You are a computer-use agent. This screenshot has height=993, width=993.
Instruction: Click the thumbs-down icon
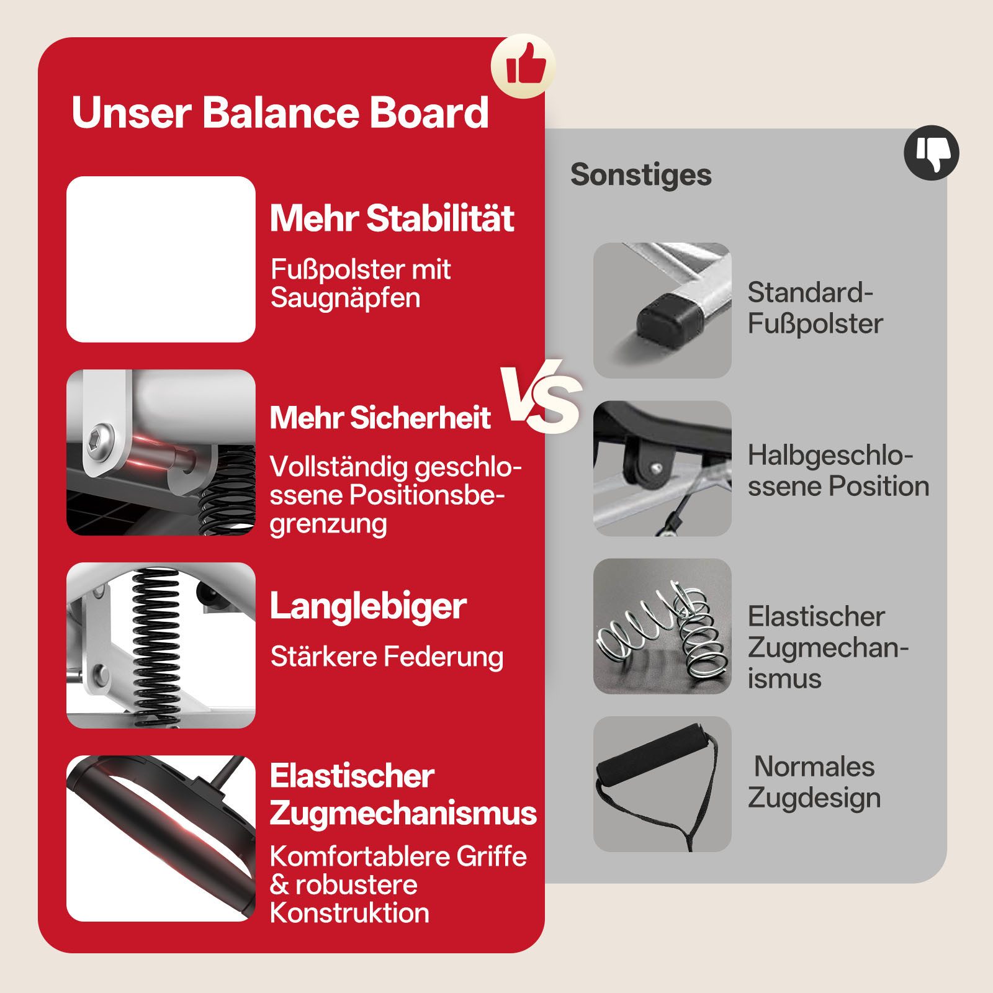(931, 153)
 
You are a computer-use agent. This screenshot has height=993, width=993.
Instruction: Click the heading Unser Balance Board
(280, 112)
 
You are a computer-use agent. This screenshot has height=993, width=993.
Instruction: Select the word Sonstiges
(640, 174)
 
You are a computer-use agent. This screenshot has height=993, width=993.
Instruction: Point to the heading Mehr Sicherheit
(380, 417)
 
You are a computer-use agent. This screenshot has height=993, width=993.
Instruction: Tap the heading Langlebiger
(368, 606)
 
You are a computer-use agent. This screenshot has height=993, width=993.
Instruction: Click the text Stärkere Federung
(387, 657)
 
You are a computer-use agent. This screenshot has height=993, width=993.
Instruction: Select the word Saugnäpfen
(345, 298)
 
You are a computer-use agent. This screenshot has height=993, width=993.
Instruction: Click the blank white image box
(161, 259)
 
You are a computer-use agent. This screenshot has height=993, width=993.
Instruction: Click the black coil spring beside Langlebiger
(155, 645)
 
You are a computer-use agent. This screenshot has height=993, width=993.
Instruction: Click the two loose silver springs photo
(662, 627)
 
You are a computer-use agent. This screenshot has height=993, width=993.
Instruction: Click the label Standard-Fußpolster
(814, 308)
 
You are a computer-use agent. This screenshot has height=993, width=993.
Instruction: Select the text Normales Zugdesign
(814, 782)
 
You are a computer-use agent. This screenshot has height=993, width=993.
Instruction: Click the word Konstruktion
(349, 913)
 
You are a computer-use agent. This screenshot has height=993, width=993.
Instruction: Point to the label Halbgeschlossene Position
(838, 470)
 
